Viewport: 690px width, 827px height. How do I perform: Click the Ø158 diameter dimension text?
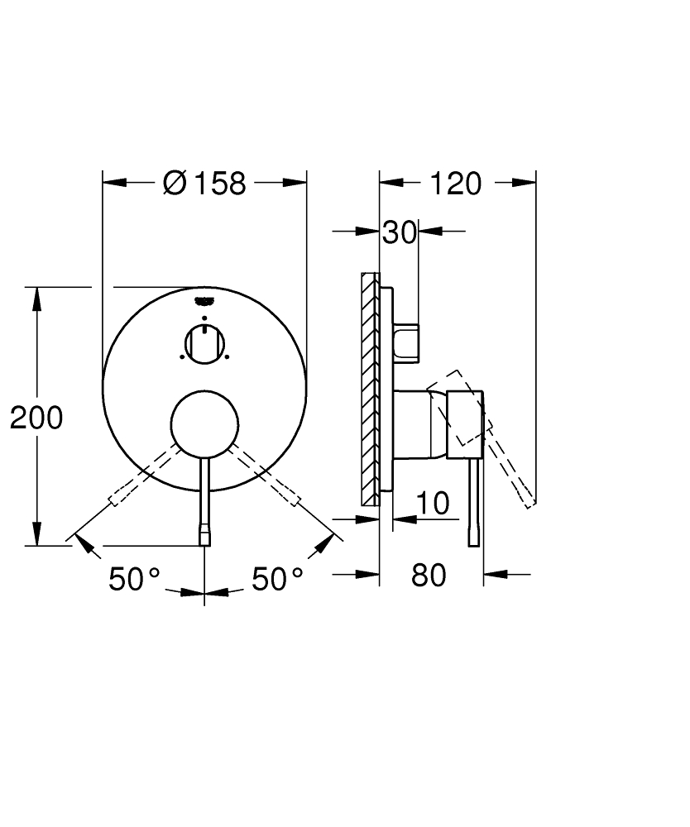[204, 183]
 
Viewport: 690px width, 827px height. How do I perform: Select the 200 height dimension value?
[36, 418]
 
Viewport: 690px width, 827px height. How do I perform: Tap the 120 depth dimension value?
[454, 183]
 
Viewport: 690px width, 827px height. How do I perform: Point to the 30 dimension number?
[399, 233]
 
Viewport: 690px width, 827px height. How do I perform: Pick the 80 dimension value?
[428, 575]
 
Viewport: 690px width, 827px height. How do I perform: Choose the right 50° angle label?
[277, 580]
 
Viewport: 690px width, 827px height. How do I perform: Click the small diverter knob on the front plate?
[204, 342]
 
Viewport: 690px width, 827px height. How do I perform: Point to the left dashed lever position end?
[120, 497]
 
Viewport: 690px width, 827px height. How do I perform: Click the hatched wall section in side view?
[370, 389]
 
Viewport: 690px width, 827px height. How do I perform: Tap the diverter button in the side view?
[408, 340]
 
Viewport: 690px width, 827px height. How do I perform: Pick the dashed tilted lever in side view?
[500, 447]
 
